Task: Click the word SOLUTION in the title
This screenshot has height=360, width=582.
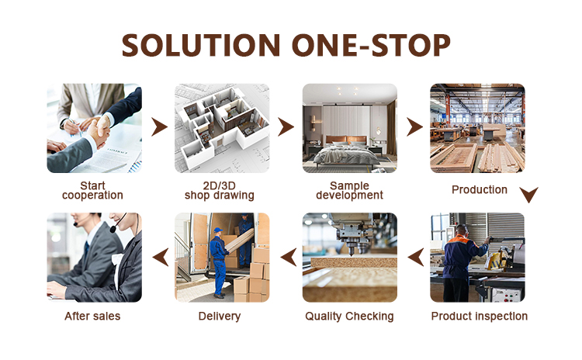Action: [x=200, y=45]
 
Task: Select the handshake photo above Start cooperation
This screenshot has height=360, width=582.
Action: [x=94, y=128]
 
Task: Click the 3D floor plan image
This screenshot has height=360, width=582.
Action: [x=222, y=128]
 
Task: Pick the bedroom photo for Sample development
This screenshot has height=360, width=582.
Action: [x=349, y=128]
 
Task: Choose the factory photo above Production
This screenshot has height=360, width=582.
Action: [x=477, y=128]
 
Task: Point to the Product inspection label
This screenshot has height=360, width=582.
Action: [x=479, y=316]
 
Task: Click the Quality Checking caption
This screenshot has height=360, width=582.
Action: [x=349, y=316]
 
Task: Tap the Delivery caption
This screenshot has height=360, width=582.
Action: [x=220, y=316]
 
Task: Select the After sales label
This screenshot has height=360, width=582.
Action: [x=92, y=316]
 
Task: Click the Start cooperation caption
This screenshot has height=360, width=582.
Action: [x=92, y=190]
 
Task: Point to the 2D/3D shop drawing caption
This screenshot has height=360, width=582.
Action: [x=220, y=190]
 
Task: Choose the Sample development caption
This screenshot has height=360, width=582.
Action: [x=349, y=190]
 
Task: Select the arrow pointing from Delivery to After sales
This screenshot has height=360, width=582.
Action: [x=158, y=256]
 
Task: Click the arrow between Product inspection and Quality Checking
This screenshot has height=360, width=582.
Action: [x=415, y=256]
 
